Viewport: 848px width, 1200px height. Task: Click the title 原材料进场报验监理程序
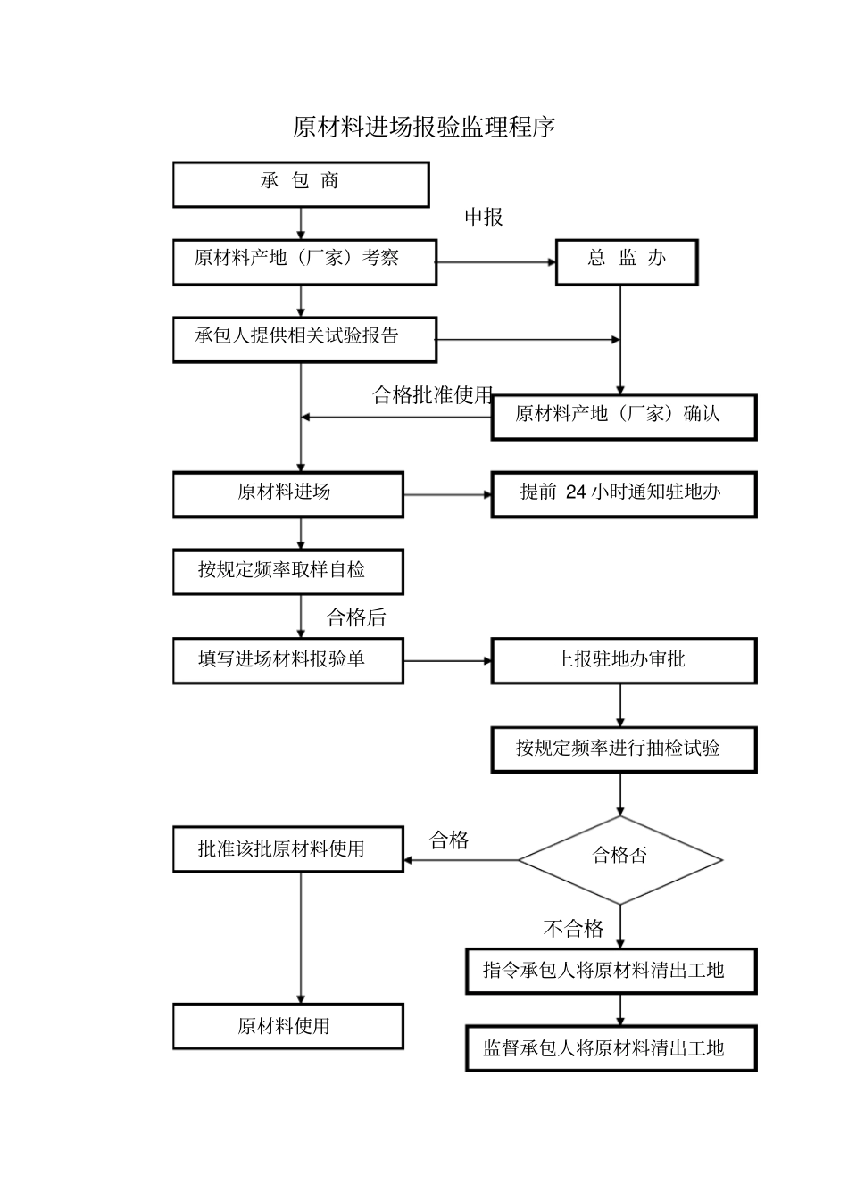pos(424,128)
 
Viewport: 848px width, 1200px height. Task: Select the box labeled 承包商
pos(301,185)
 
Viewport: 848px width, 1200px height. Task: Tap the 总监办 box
pos(627,261)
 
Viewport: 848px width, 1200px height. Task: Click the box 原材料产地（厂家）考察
pos(304,261)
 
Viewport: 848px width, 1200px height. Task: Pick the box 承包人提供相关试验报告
pos(304,339)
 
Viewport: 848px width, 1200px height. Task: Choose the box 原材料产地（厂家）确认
pos(623,417)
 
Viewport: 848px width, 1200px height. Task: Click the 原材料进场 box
pos(287,494)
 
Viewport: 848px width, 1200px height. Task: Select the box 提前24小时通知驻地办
pos(623,494)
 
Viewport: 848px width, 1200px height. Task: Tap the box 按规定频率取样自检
pos(287,572)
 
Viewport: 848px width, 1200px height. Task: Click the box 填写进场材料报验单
pos(287,661)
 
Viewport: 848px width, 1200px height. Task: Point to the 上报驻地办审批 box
pos(623,661)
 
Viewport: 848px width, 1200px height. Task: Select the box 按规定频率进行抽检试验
pos(623,749)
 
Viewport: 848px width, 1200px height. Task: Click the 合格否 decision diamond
pos(620,859)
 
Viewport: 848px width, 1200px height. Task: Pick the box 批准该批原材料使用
pos(287,849)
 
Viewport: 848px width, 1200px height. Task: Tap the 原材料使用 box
pos(287,1026)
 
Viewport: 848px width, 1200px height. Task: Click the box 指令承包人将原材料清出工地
pos(611,971)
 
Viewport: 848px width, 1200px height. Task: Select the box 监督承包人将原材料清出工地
pos(611,1048)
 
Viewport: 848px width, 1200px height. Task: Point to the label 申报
pos(484,217)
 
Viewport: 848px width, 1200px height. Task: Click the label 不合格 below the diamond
pos(573,929)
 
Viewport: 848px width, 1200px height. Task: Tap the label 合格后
pos(356,617)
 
